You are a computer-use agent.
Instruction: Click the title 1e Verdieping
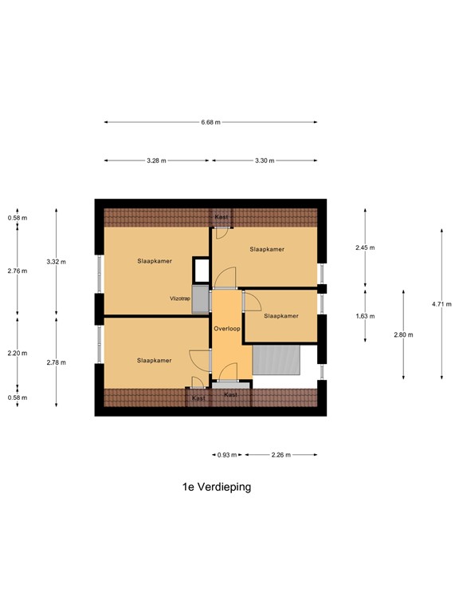coord(217,486)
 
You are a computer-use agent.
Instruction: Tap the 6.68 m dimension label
coord(210,122)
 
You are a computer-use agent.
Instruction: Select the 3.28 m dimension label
coord(156,160)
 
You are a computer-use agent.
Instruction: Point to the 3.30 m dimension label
coord(265,160)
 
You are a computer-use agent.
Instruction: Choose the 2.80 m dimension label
coord(403,334)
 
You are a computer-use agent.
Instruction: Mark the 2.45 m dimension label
coord(365,247)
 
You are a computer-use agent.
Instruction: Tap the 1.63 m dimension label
coord(365,316)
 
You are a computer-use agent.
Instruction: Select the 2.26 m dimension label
coord(280,455)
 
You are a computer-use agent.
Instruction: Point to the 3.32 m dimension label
coord(56,262)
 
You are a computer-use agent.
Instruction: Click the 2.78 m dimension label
coord(56,362)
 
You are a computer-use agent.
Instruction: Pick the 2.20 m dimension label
coord(18,353)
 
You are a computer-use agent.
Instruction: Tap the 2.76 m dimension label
coord(18,271)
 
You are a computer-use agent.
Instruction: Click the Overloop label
coord(226,328)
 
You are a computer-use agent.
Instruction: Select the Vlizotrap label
coord(179,299)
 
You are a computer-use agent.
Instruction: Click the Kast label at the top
coord(221,216)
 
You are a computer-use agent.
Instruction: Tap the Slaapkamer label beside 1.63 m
coord(280,316)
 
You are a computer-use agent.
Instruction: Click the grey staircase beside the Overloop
coord(277,360)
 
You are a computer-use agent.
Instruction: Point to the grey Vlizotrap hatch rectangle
coord(200,297)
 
